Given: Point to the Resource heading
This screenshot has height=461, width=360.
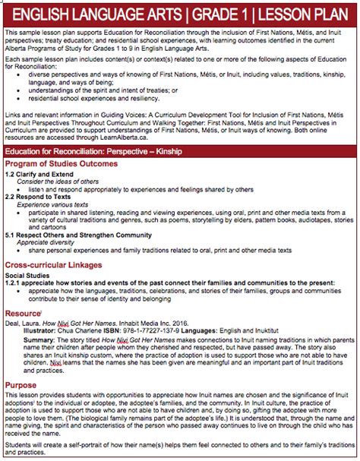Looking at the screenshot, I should [x=23, y=312].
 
